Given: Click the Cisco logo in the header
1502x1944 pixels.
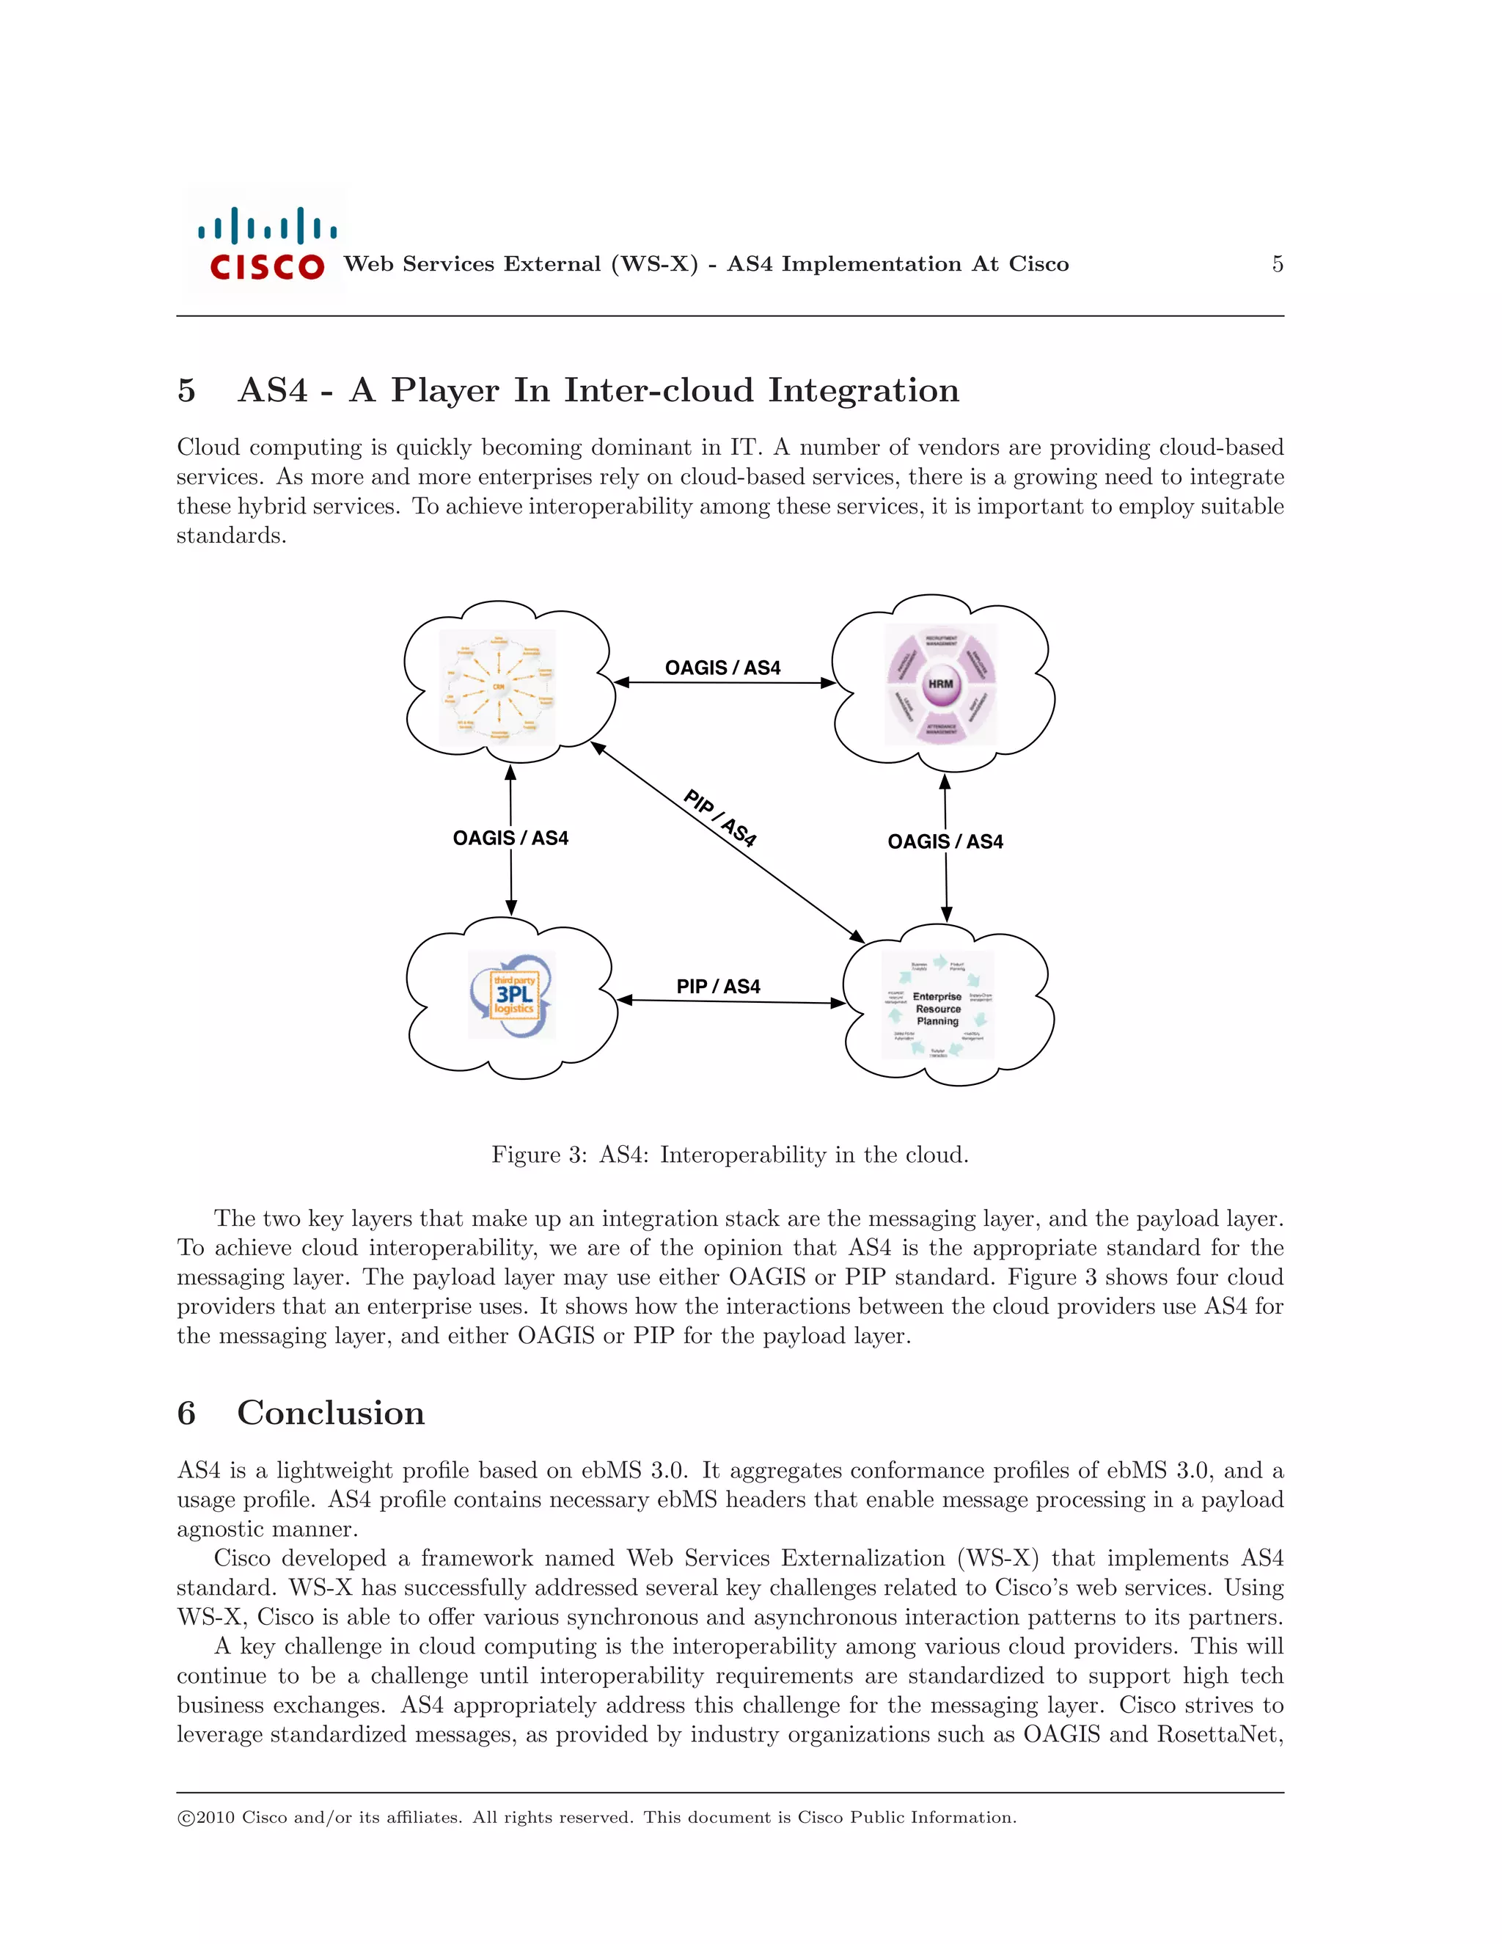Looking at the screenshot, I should pos(265,242).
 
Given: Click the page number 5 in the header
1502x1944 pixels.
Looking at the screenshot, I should pos(1277,264).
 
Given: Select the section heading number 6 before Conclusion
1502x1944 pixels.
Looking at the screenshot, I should pos(186,1413).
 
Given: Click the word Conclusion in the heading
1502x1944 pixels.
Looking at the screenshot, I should pos(331,1413).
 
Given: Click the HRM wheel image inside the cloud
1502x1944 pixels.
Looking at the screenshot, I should pos(940,684).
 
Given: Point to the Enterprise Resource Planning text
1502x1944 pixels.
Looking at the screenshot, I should pos(938,1009).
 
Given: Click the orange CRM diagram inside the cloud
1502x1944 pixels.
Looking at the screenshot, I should pos(497,687).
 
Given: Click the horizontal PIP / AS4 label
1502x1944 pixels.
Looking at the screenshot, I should pos(718,986).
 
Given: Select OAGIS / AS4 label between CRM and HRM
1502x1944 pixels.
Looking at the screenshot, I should pos(722,668).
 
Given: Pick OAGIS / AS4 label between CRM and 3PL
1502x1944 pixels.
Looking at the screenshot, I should pos(510,838).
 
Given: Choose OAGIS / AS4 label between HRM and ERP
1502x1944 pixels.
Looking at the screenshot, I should pos(945,841).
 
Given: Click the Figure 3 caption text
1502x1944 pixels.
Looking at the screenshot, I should pos(730,1155).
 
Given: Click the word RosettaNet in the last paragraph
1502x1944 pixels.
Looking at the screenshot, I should pos(1219,1734).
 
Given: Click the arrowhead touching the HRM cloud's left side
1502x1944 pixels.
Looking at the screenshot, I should pos(827,683).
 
